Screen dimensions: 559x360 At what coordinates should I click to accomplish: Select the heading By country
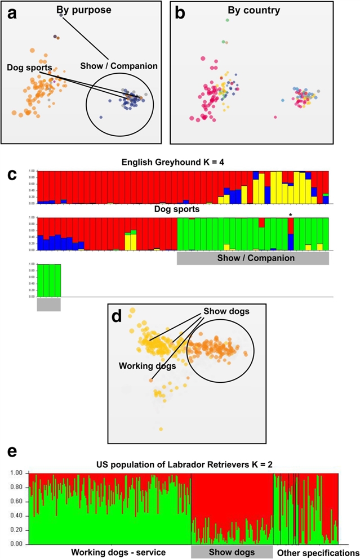[x=254, y=10]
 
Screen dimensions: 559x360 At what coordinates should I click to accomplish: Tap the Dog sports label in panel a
[x=30, y=68]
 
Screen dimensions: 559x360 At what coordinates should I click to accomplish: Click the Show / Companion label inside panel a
[x=119, y=66]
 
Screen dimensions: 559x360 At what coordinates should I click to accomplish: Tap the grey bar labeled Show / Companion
[x=252, y=258]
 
